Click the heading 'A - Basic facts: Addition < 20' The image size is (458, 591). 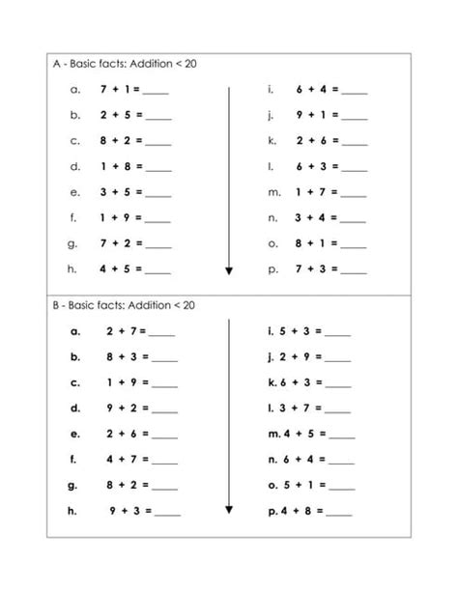tap(128, 65)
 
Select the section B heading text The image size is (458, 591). tap(128, 305)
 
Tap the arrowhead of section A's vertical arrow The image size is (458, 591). tap(229, 270)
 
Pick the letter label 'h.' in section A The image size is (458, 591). tap(73, 268)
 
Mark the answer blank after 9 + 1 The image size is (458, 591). tap(355, 116)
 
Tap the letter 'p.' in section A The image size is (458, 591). tap(272, 268)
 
